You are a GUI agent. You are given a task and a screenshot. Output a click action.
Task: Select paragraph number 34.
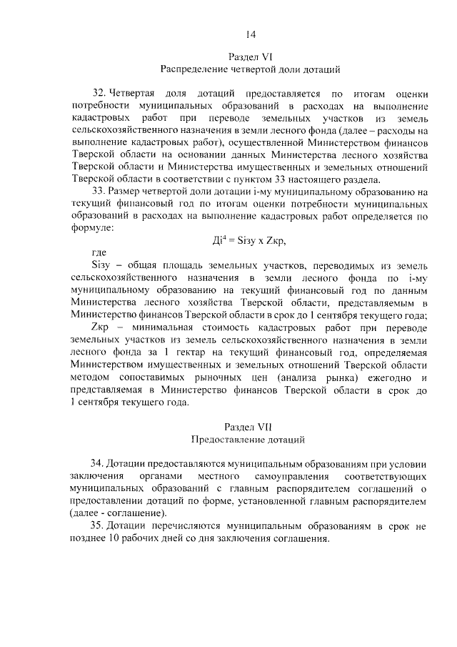99,462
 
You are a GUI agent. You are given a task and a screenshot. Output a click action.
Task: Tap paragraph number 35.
99,525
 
